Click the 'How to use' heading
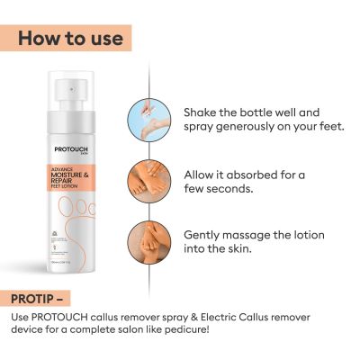click(x=67, y=38)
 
